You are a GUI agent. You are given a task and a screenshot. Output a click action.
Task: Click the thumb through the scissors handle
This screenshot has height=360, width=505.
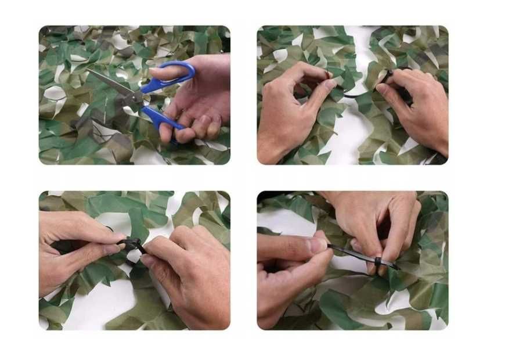click(x=168, y=71)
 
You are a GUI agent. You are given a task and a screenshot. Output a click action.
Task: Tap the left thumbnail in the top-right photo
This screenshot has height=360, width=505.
click(x=330, y=85)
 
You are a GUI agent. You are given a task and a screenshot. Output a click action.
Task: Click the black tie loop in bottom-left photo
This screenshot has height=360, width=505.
click(x=131, y=244)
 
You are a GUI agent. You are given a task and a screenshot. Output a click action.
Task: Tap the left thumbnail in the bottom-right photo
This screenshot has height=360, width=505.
click(x=318, y=245)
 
